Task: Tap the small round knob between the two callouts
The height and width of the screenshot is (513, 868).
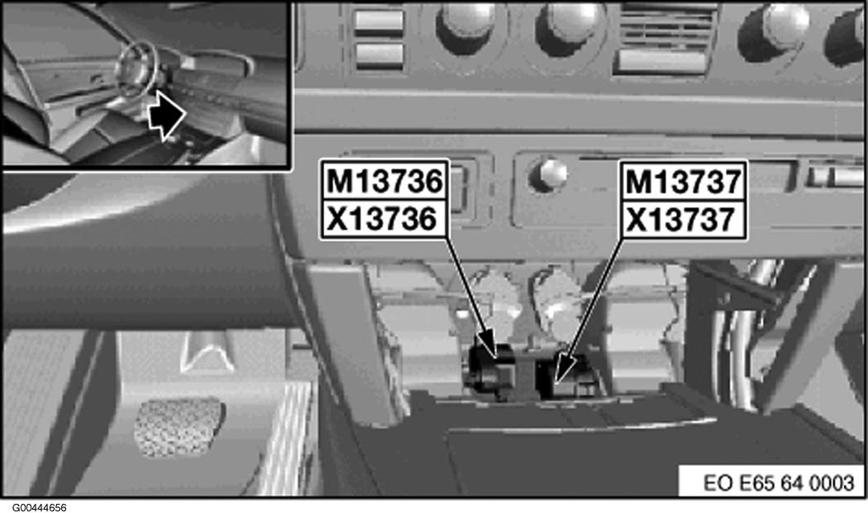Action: (x=548, y=174)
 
